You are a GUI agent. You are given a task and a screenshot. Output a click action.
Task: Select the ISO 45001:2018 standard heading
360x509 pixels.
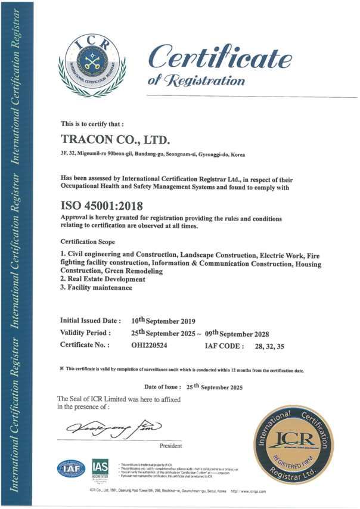102,206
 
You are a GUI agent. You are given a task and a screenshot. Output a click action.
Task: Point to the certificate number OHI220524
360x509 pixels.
150,344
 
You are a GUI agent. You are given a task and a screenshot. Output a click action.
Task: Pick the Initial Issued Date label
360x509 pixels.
91,320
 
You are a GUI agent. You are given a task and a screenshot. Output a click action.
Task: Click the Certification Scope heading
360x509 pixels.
89,242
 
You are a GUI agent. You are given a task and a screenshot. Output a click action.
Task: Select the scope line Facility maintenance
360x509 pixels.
96,288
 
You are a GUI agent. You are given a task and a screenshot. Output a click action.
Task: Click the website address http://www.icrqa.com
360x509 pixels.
248,491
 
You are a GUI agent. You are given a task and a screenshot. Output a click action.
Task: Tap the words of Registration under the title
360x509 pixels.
188,80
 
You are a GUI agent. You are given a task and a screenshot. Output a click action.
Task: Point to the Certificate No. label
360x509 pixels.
85,344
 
